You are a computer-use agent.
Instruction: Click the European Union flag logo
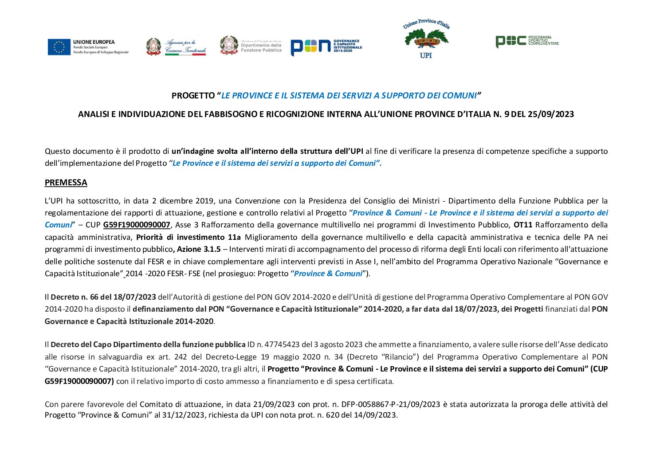click(x=59, y=47)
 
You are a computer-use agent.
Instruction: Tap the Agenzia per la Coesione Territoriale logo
click(x=176, y=47)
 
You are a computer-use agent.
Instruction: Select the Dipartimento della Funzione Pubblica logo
click(x=251, y=45)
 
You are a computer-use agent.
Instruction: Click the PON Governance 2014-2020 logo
click(x=326, y=47)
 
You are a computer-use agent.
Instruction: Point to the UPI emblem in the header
click(x=426, y=39)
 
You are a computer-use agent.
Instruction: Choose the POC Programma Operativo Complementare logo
click(x=527, y=41)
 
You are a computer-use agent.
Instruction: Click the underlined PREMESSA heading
click(x=66, y=183)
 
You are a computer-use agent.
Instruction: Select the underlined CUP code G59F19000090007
click(x=137, y=225)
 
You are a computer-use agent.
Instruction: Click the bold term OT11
click(x=523, y=225)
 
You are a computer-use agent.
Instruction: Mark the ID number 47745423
click(x=283, y=344)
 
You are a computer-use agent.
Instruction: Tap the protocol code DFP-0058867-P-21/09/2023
click(x=391, y=404)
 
